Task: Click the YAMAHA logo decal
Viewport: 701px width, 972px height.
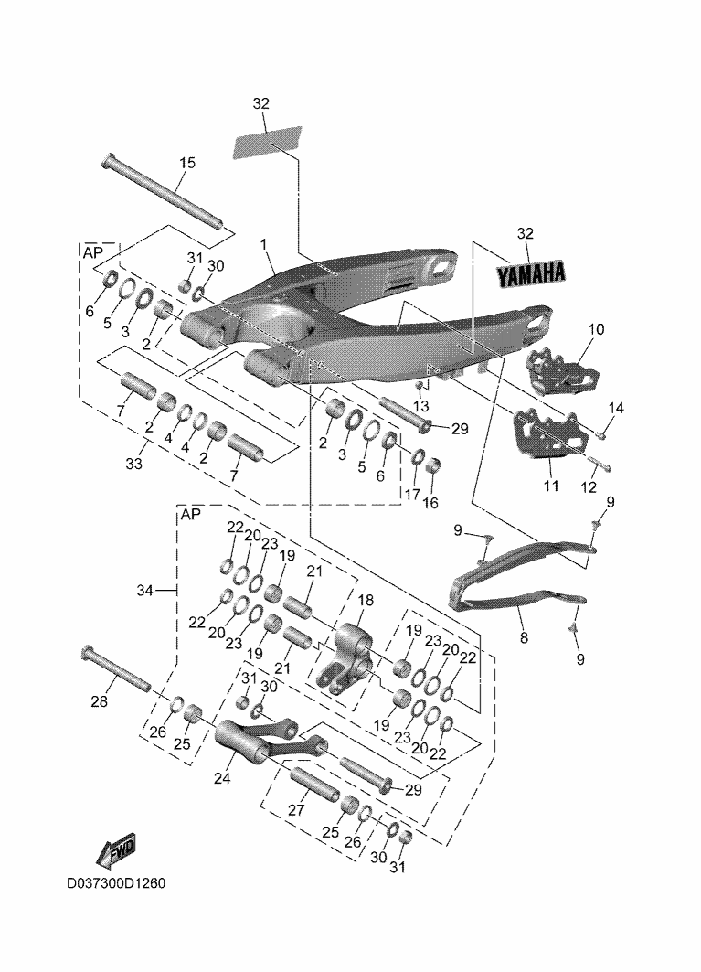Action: coord(531,272)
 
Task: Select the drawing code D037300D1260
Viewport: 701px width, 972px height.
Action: coord(116,885)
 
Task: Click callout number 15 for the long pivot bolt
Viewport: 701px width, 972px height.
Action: coord(186,163)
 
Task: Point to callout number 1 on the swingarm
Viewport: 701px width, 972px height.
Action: coord(263,245)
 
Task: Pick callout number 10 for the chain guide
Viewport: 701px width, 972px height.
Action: coord(596,328)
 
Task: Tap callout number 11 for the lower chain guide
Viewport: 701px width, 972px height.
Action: coord(550,486)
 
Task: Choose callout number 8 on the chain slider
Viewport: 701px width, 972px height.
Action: coord(524,638)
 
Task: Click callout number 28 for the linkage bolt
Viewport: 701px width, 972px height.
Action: coord(99,701)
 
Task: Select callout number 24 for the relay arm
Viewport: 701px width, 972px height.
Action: coord(223,778)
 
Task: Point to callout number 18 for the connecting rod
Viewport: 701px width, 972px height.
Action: coord(366,600)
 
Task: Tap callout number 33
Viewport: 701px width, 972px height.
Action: coord(134,464)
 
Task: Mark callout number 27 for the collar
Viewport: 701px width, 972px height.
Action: coord(295,809)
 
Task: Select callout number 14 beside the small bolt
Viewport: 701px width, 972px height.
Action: coord(616,408)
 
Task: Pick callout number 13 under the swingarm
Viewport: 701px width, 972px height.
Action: coord(421,406)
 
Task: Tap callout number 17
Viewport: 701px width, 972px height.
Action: coord(412,495)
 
